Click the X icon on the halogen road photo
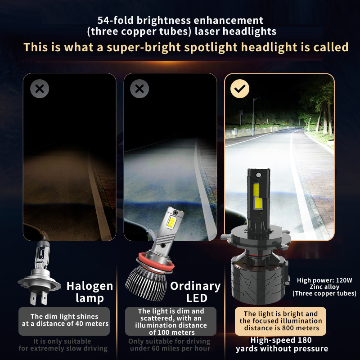(40, 89)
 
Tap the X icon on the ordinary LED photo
(139, 89)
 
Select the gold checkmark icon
(240, 89)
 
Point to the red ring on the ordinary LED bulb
(156, 263)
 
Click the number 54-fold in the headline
(116, 20)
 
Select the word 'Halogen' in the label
(90, 286)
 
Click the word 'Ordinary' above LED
(195, 286)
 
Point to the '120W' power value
(344, 280)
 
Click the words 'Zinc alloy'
(324, 287)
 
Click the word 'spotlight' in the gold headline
(211, 47)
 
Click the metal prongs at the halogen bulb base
(38, 298)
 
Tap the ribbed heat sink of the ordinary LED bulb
(146, 284)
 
